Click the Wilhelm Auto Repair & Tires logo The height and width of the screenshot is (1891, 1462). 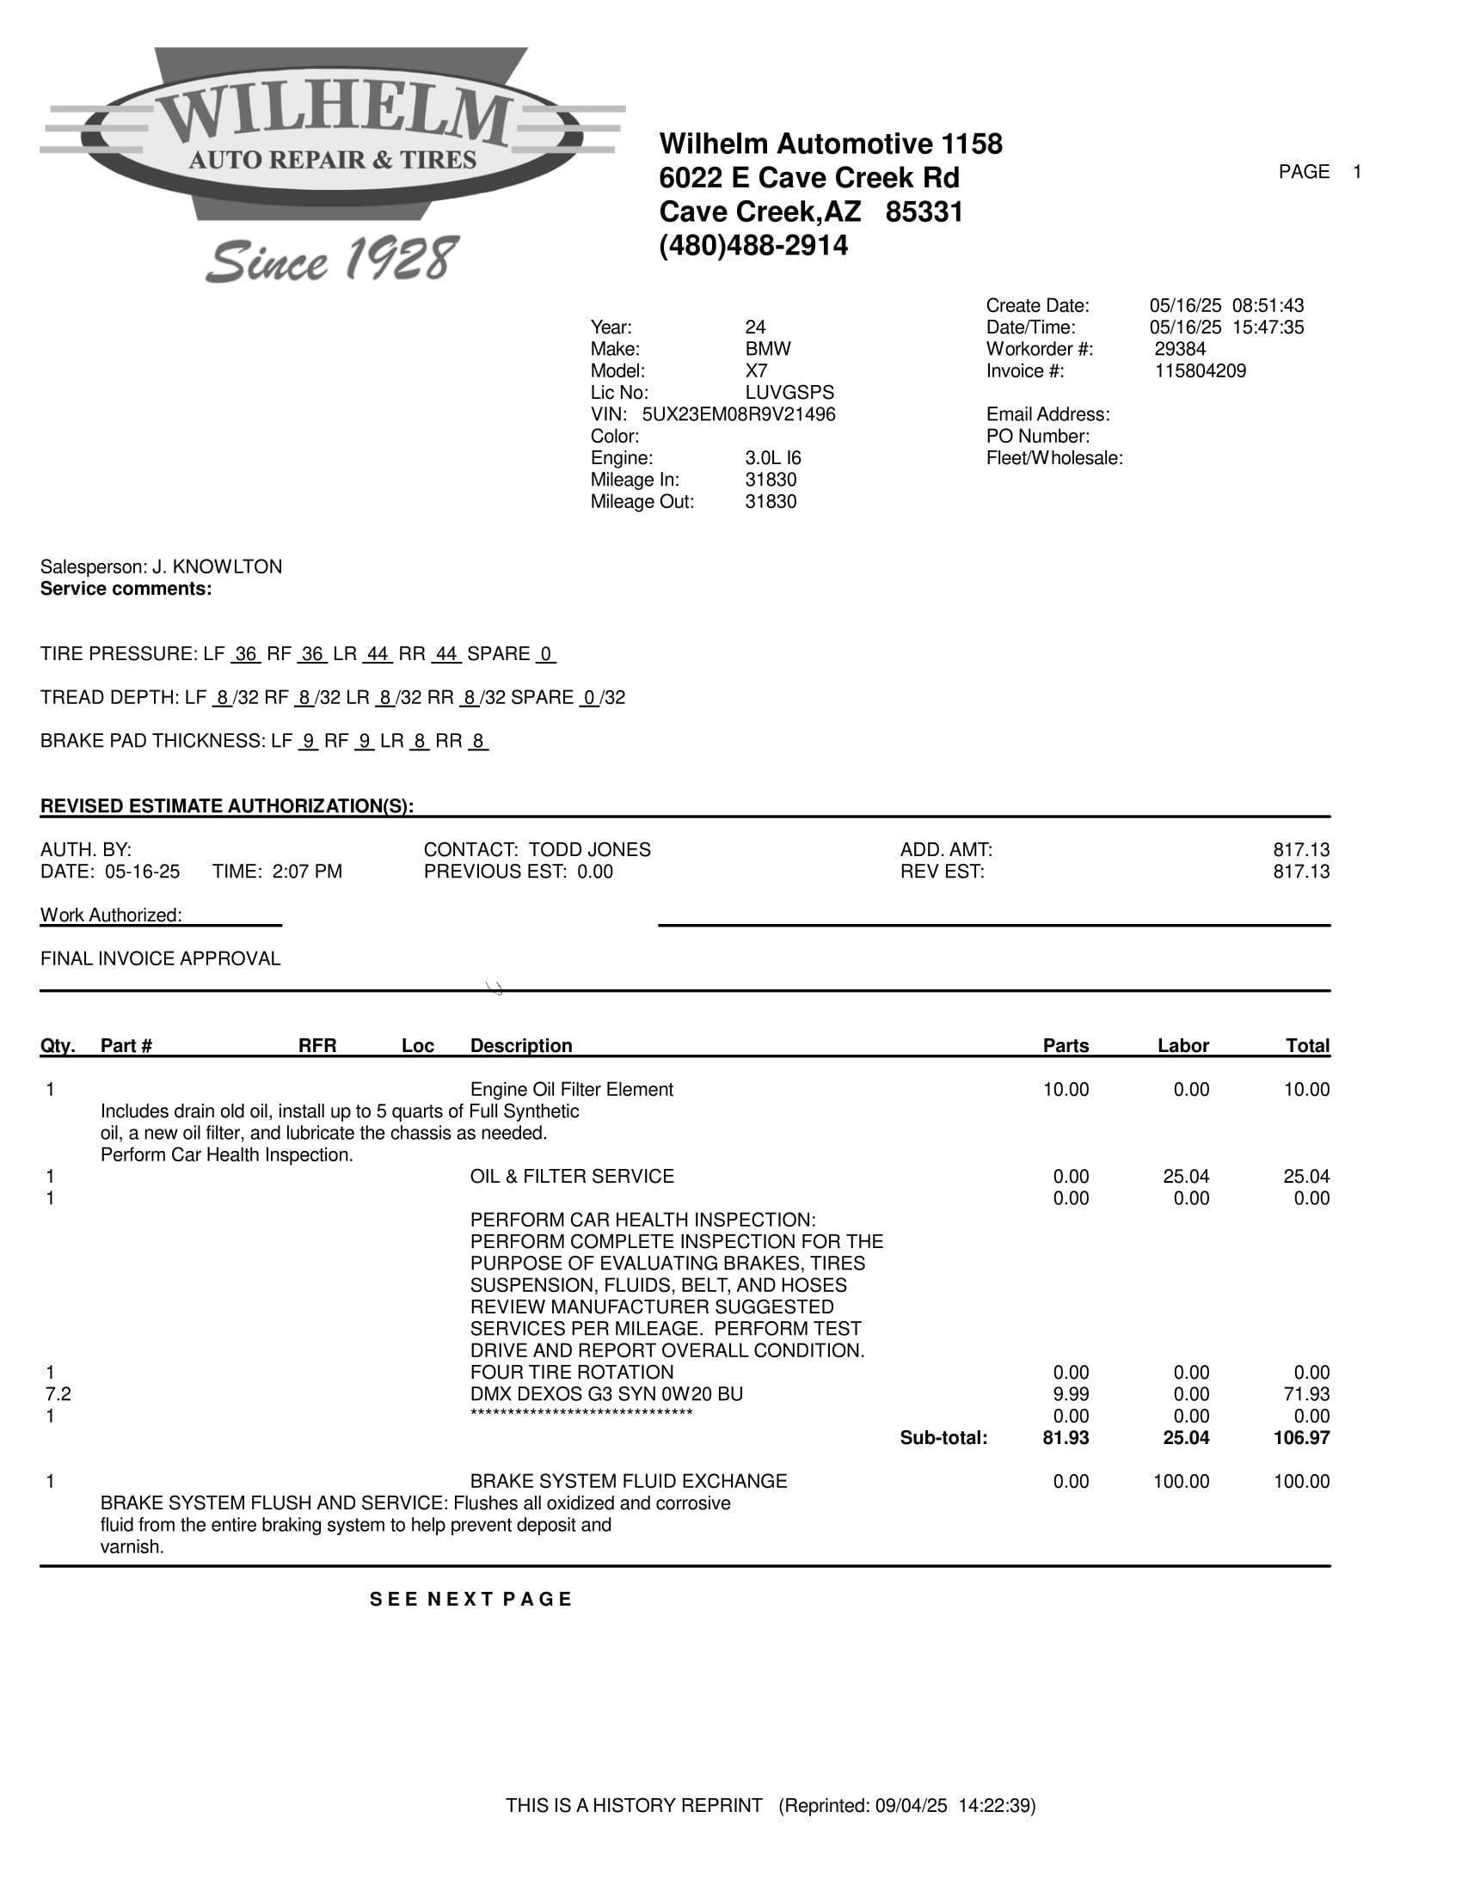pyautogui.click(x=332, y=134)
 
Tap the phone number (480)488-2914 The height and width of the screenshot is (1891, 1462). pyautogui.click(x=753, y=246)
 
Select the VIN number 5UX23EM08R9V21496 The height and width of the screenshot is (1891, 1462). pyautogui.click(x=739, y=415)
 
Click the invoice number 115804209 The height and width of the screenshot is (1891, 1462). pyautogui.click(x=1201, y=371)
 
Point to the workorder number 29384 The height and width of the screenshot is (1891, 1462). pyautogui.click(x=1180, y=350)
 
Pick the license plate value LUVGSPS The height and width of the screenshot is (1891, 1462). pyautogui.click(x=789, y=393)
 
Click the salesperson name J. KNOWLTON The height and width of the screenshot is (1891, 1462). pyautogui.click(x=218, y=567)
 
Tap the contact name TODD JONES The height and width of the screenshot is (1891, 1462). pyautogui.click(x=590, y=850)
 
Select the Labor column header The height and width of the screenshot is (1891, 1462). pyautogui.click(x=1182, y=1046)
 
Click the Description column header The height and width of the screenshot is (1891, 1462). pyautogui.click(x=520, y=1046)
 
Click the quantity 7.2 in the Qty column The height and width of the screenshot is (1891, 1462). pyautogui.click(x=58, y=1394)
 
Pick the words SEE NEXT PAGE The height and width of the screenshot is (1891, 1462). pyautogui.click(x=471, y=1600)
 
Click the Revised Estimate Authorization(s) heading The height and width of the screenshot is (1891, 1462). pyautogui.click(x=227, y=807)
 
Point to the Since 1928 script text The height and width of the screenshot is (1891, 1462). pyautogui.click(x=332, y=260)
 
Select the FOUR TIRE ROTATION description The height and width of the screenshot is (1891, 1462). pyautogui.click(x=572, y=1373)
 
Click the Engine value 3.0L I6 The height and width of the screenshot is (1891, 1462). pyautogui.click(x=772, y=458)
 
